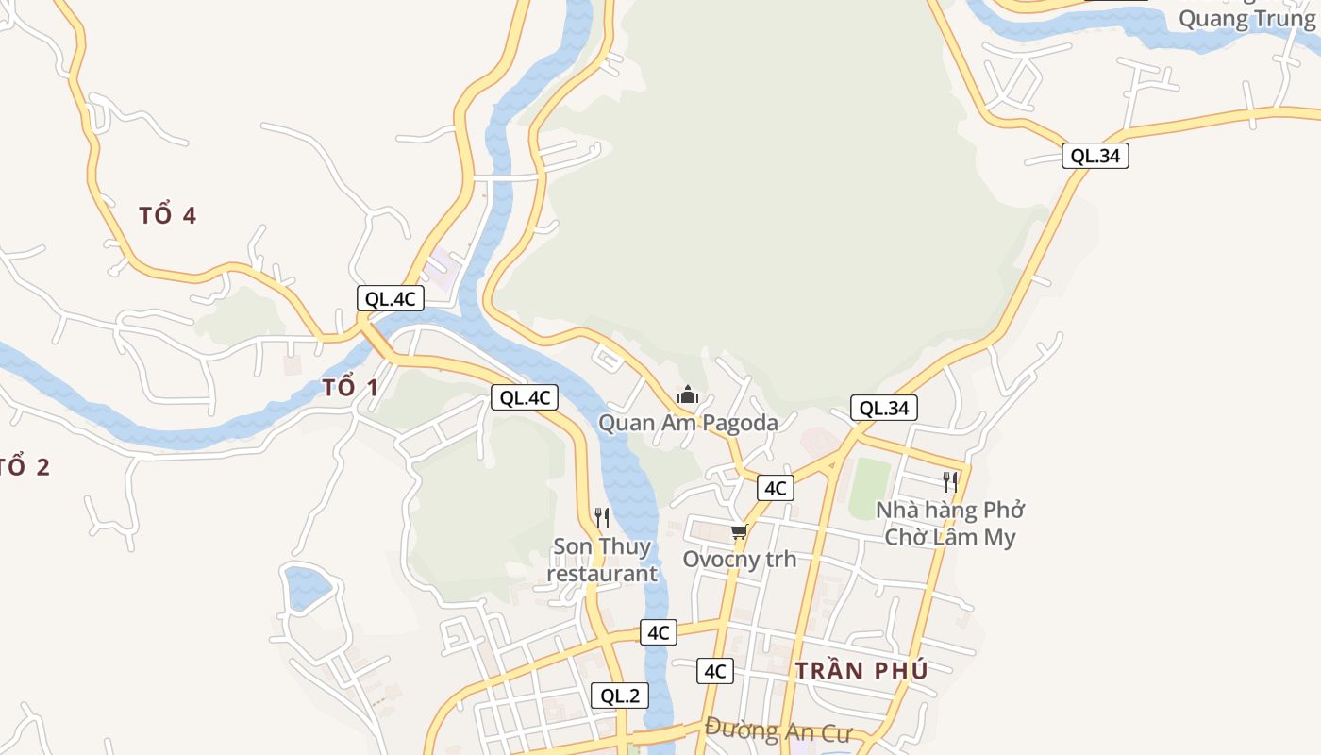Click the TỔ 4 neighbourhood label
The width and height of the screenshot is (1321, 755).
167,215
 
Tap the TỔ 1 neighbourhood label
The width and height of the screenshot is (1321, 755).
350,387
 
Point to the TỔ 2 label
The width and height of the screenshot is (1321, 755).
25,466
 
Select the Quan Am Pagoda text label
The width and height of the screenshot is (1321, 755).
688,422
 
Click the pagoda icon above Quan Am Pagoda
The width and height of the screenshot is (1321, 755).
688,394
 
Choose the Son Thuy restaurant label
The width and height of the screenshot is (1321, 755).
602,560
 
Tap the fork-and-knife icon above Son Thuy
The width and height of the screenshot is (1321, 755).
602,517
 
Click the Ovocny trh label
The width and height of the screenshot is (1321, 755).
739,559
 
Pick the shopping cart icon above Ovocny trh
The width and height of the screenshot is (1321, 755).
739,533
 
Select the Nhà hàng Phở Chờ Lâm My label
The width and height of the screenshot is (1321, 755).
950,524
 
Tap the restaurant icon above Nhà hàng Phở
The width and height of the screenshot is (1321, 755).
950,482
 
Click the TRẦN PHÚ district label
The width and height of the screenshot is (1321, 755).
861,671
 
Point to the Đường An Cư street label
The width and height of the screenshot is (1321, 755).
778,730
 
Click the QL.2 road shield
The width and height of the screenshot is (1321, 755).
620,696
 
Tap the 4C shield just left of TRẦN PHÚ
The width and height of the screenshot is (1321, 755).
714,671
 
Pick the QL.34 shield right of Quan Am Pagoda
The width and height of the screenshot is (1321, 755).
884,408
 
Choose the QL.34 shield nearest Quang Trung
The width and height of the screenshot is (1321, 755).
1095,156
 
